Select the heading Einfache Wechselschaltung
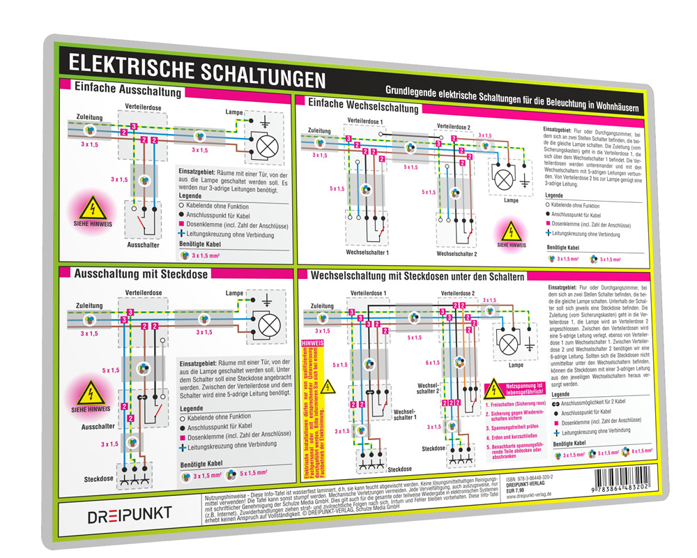(363, 107)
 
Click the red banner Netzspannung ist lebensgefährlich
(520, 388)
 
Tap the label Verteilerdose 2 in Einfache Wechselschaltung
(453, 126)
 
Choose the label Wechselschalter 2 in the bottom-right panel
(427, 388)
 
